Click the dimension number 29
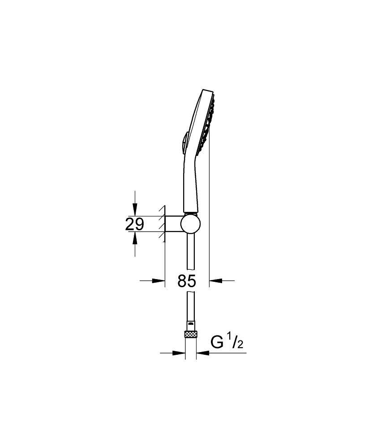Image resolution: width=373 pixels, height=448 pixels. click(134, 224)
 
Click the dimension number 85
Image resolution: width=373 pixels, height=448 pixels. click(187, 281)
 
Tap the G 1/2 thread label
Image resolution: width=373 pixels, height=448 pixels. click(227, 342)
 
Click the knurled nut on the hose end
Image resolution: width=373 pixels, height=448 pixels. click(191, 334)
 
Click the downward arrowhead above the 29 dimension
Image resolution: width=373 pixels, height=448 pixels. click(135, 210)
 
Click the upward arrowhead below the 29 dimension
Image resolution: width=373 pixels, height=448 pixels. click(135, 238)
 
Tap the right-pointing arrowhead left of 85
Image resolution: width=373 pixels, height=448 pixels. click(159, 281)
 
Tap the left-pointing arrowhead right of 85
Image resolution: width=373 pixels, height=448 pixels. click(216, 281)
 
